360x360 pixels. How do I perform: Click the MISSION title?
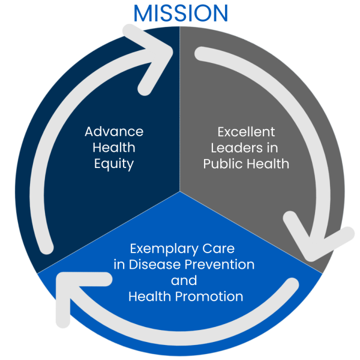[181, 13]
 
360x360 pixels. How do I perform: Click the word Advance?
[114, 131]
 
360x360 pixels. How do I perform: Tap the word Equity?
[114, 164]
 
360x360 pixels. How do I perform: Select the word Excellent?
[246, 131]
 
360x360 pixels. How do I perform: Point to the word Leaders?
[235, 148]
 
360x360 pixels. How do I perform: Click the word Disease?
[155, 265]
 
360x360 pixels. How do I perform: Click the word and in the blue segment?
[184, 280]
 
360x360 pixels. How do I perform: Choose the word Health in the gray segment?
[270, 164]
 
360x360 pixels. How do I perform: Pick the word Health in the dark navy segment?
[114, 148]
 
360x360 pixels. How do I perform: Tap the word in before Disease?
[119, 265]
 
